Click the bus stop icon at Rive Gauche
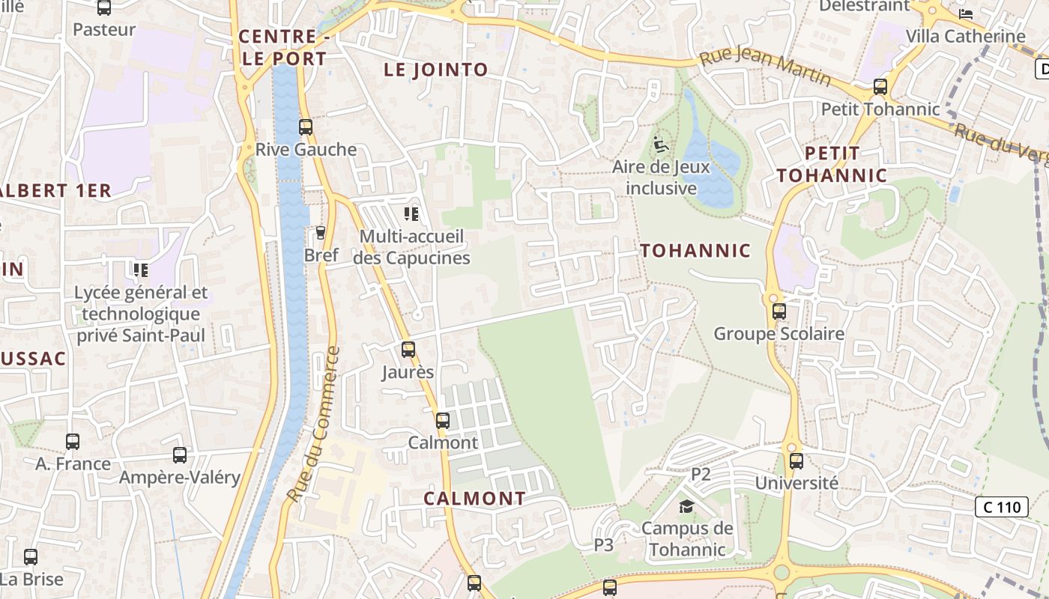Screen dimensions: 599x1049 [x=305, y=127]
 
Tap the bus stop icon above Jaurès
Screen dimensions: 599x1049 [x=408, y=350]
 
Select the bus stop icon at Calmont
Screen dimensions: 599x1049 [x=443, y=421]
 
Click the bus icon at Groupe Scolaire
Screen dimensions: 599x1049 [x=779, y=311]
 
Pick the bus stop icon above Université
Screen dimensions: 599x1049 [x=796, y=461]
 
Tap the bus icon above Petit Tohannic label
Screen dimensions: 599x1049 [x=880, y=87]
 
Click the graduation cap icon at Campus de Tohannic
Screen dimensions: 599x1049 [x=686, y=507]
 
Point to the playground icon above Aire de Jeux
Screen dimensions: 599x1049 [x=661, y=145]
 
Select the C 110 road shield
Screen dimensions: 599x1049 [x=1001, y=507]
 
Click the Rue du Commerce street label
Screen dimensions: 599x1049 [x=313, y=424]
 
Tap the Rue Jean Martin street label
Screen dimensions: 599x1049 [x=765, y=66]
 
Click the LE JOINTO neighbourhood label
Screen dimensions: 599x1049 [x=436, y=70]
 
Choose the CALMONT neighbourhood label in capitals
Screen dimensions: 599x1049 [x=475, y=498]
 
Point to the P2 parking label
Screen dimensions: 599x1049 [x=701, y=474]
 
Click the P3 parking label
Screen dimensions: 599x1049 [x=604, y=544]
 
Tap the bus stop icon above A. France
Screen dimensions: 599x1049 [x=73, y=442]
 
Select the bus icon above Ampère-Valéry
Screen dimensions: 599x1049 [x=180, y=455]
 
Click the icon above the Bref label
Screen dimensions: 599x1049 [x=321, y=233]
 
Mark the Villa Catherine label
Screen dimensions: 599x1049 [x=965, y=36]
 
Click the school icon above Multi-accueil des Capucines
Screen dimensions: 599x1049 [x=411, y=215]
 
